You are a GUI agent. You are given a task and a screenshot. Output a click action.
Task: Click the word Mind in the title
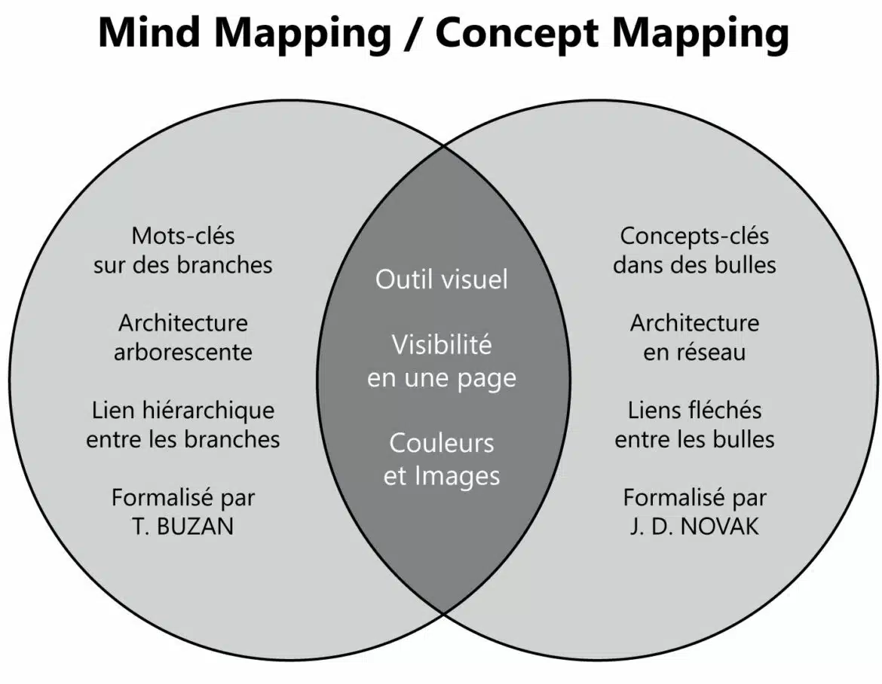coord(149,32)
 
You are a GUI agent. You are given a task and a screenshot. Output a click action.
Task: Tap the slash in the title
coord(413,34)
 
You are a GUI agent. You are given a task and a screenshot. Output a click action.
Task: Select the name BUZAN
coord(195,527)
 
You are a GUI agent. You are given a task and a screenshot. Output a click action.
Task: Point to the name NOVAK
coord(719,527)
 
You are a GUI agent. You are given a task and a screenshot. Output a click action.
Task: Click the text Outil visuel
coord(442,279)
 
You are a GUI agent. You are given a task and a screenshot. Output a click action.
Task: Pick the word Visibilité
coord(442,344)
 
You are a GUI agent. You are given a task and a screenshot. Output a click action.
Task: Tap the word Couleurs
coord(442,444)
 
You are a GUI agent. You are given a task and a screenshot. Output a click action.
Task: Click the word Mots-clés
coord(183,236)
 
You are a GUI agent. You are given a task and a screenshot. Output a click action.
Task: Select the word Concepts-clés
coord(694,236)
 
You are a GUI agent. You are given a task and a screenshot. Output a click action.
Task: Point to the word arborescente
coord(183,353)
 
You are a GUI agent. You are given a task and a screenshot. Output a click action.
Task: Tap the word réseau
coord(711,353)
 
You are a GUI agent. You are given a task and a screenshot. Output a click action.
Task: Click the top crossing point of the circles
coord(444,146)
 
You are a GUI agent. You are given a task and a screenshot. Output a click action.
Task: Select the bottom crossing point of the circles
coord(444,613)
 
